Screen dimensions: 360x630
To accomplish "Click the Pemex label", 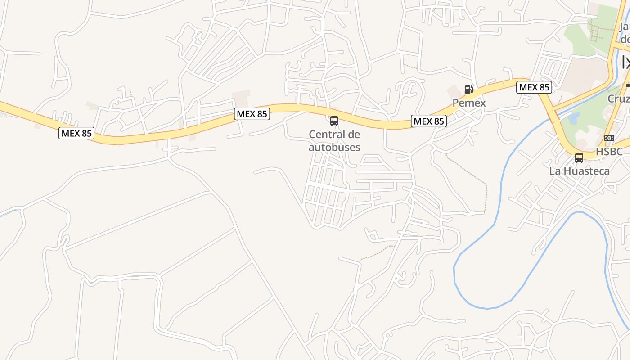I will [x=469, y=103].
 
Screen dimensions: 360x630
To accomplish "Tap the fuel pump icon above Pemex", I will [x=469, y=90].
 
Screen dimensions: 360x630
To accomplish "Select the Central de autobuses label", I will [x=334, y=140].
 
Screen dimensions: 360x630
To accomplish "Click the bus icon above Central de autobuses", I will [x=334, y=121].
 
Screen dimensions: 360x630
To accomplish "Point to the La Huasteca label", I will [x=579, y=171].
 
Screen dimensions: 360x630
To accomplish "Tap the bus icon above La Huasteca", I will [x=579, y=158].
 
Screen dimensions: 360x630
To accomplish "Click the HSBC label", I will [x=609, y=152].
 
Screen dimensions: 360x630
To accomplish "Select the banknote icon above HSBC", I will [x=609, y=138].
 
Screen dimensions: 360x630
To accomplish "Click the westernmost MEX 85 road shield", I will [x=76, y=133].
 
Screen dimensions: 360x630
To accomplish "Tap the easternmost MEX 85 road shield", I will [x=534, y=87].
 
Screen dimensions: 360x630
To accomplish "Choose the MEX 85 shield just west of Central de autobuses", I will [x=252, y=114].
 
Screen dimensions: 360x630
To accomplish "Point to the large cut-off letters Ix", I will [x=625, y=63].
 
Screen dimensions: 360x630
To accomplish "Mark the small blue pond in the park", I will [x=573, y=118].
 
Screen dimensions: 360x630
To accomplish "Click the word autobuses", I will [x=334, y=147].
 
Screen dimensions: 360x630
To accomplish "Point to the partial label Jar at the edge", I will [x=624, y=27].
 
